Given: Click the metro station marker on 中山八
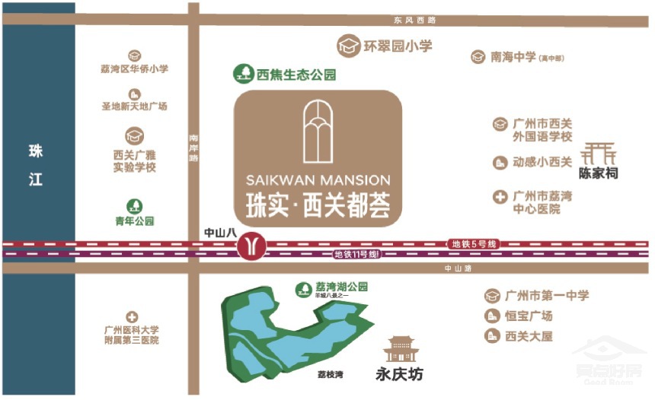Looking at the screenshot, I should (251, 245).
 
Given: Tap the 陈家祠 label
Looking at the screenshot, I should (598, 173).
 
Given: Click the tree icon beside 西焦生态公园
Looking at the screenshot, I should (244, 73).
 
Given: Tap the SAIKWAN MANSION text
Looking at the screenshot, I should (318, 181).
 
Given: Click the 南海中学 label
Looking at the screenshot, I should (512, 56).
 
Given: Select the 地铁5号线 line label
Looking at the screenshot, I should (474, 243).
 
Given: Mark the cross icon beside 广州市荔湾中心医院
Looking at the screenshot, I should (500, 197).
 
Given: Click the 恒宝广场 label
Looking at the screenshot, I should (529, 316).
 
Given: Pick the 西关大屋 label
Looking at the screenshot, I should (529, 336).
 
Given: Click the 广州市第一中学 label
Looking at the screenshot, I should (547, 296).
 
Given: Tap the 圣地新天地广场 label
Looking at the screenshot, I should (135, 106).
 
